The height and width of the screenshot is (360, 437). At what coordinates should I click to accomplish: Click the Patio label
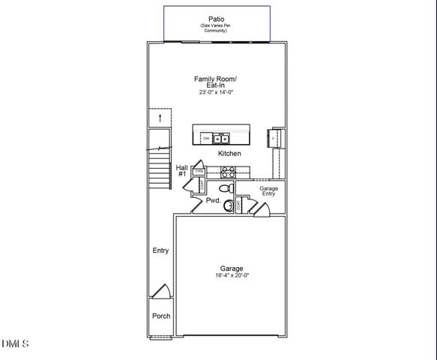click(217, 18)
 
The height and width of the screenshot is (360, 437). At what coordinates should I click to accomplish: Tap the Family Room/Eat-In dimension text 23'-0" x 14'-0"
click(217, 93)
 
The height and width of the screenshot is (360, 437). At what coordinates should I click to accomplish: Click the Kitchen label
click(229, 154)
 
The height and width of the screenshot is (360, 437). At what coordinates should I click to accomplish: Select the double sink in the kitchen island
click(221, 139)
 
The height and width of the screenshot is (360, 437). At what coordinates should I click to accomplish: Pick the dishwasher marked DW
click(205, 139)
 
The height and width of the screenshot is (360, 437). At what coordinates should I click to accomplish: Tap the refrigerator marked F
click(274, 139)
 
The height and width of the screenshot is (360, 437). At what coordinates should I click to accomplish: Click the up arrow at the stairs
click(159, 118)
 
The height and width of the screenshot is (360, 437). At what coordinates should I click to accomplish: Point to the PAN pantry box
click(200, 171)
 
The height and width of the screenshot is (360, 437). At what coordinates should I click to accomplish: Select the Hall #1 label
click(182, 171)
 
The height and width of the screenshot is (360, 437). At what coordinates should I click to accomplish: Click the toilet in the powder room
click(225, 187)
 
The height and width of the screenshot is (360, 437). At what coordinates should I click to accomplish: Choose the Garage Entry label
click(268, 190)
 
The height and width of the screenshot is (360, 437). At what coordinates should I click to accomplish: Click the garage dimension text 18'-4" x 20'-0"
click(231, 275)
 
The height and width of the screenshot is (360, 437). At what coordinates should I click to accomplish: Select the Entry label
click(160, 250)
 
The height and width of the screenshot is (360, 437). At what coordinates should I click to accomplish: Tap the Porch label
click(160, 316)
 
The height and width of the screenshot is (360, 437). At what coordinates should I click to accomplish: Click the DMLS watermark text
click(15, 344)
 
